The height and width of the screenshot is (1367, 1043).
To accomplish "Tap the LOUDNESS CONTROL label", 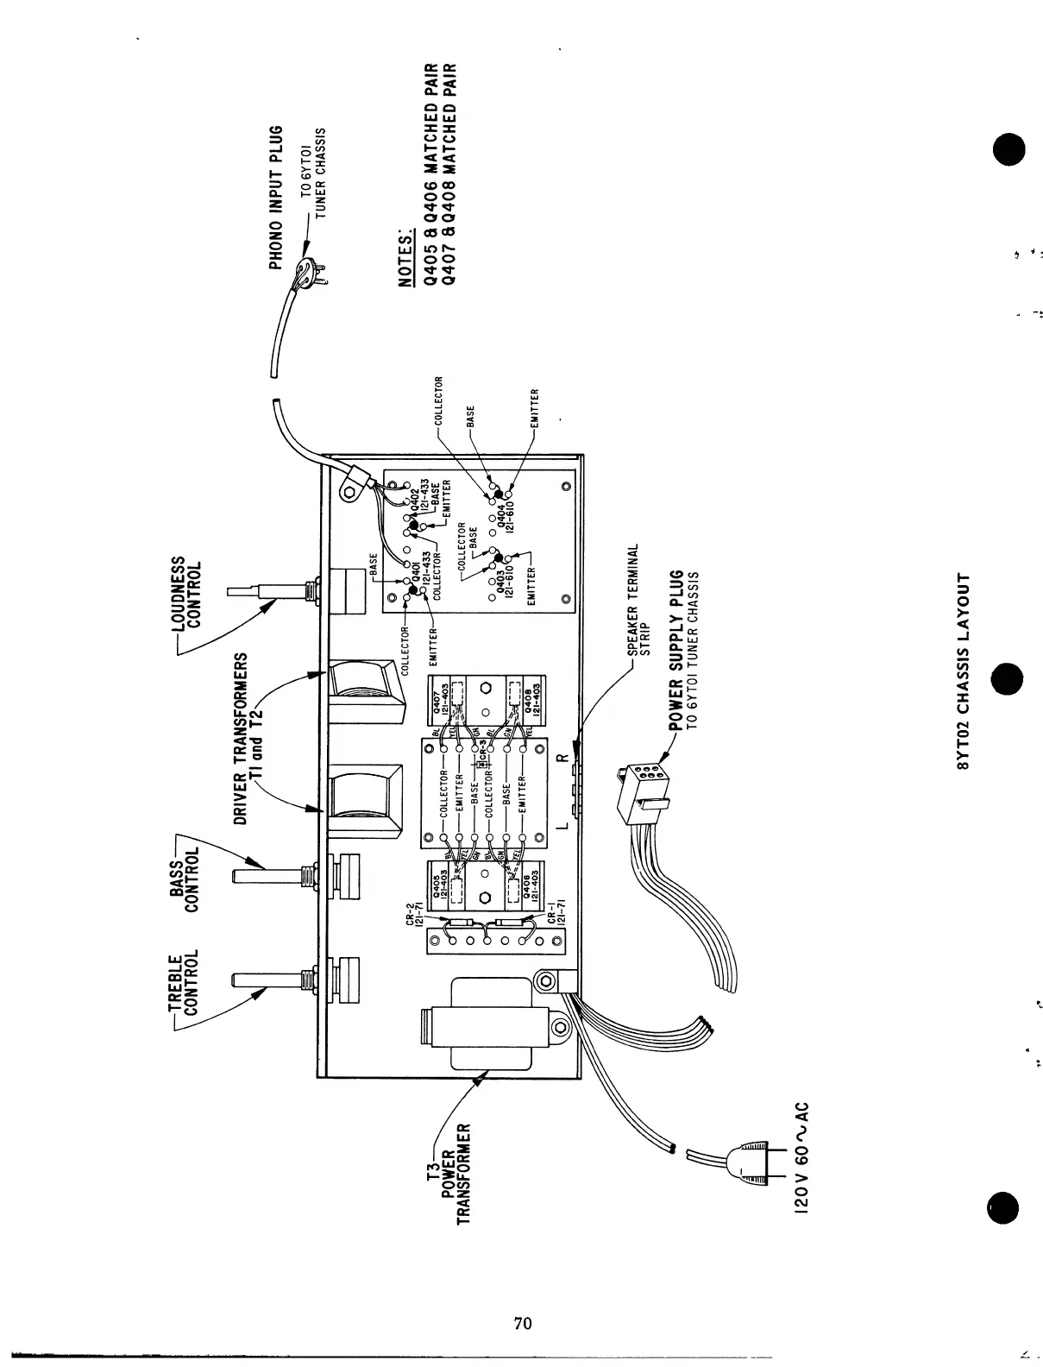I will [x=190, y=595].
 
